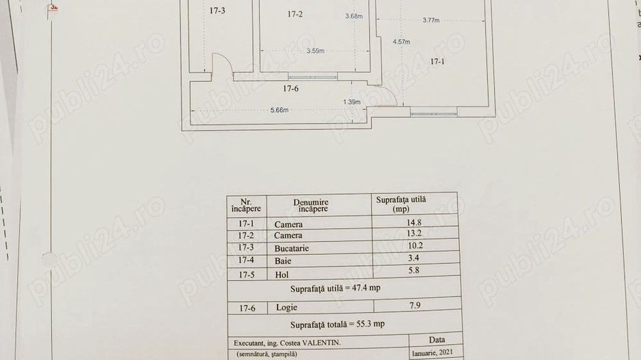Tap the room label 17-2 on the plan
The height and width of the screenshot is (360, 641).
(x=295, y=14)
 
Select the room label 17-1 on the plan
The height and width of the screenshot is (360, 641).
(x=437, y=62)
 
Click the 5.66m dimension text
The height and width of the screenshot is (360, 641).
(x=279, y=110)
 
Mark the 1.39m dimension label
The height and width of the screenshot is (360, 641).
(x=351, y=103)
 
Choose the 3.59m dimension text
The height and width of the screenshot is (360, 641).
(x=315, y=51)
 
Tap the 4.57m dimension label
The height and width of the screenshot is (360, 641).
(x=401, y=42)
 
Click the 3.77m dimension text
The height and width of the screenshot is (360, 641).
(x=431, y=20)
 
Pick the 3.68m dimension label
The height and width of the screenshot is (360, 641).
(x=353, y=16)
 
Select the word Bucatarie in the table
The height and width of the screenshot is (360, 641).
(x=292, y=249)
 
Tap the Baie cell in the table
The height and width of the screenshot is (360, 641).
(x=282, y=261)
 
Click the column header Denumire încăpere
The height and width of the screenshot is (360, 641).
(x=311, y=205)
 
